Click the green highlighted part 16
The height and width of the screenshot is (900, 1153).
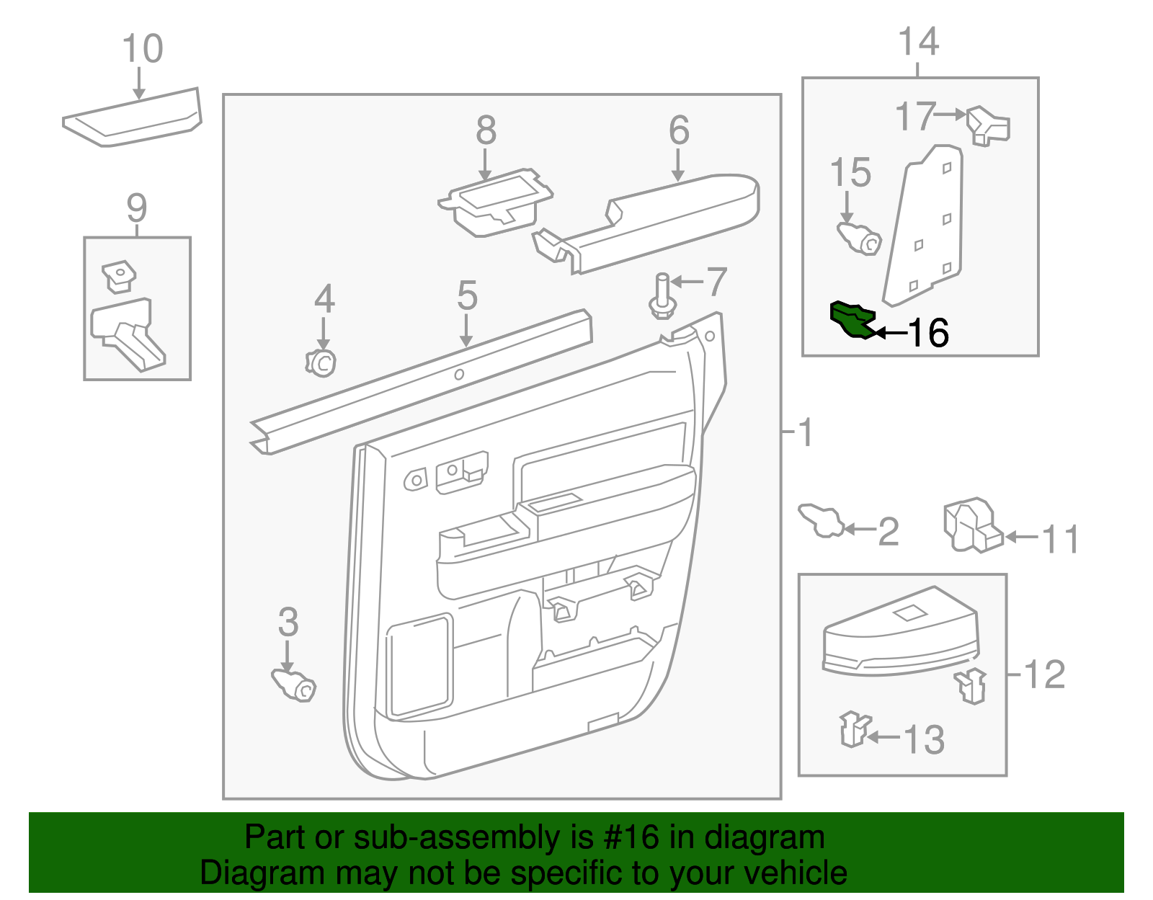[x=852, y=320]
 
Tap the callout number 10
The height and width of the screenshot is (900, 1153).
[x=143, y=49]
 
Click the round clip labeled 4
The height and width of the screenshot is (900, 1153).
[x=321, y=362]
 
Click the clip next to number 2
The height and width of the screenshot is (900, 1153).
[x=822, y=520]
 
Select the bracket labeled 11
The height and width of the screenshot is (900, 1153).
[x=973, y=525]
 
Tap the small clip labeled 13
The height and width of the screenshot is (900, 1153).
[x=854, y=729]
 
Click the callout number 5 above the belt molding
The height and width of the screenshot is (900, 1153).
[x=467, y=295]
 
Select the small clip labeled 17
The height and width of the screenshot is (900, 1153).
[x=988, y=126]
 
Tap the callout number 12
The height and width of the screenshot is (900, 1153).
[x=1044, y=674]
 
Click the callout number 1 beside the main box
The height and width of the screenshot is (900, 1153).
[x=806, y=432]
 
